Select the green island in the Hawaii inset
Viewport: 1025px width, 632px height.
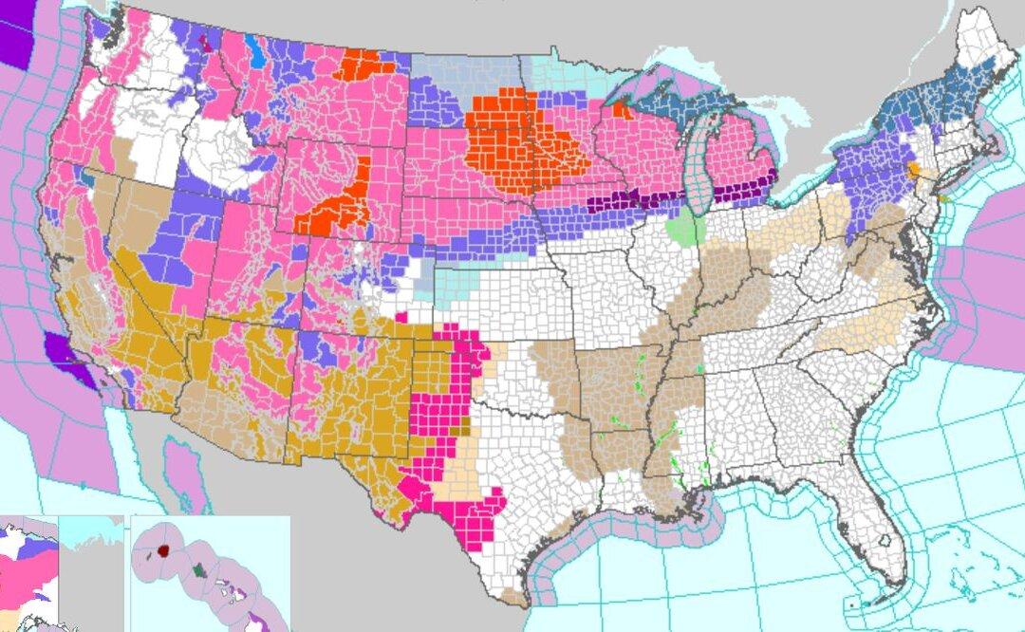click(197, 569)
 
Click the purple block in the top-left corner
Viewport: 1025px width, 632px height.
click(13, 33)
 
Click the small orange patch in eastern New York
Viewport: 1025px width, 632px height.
click(913, 171)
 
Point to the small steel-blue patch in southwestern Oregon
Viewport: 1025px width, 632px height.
click(87, 177)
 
